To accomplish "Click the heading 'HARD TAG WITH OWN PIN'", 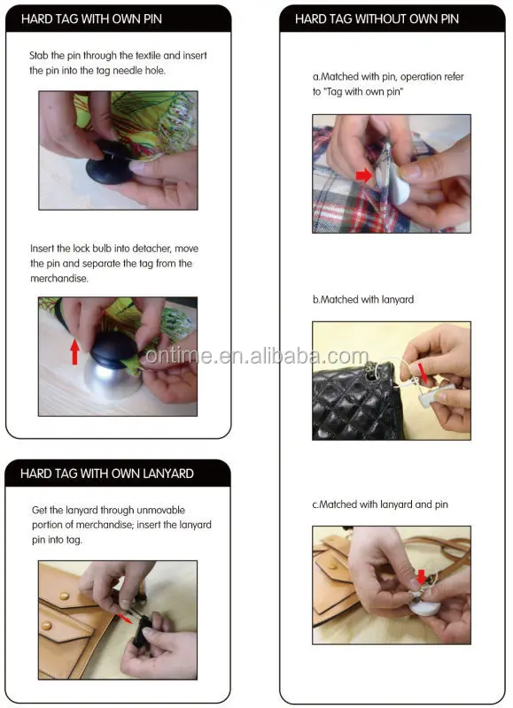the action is [91, 19].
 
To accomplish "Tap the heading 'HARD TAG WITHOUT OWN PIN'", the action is [377, 19].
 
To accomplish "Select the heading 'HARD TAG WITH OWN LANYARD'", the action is [107, 473].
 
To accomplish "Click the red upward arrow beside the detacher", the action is [75, 351].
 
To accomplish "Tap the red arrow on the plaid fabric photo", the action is [364, 174].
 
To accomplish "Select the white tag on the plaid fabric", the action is [393, 181].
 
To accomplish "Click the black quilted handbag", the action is [354, 402].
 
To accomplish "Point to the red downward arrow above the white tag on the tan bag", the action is [421, 577].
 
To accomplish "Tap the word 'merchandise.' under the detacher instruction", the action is [59, 279].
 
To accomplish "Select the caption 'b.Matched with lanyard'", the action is [363, 299].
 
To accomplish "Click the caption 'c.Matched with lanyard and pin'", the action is [380, 504].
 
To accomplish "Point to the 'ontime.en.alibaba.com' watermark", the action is [257, 357].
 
